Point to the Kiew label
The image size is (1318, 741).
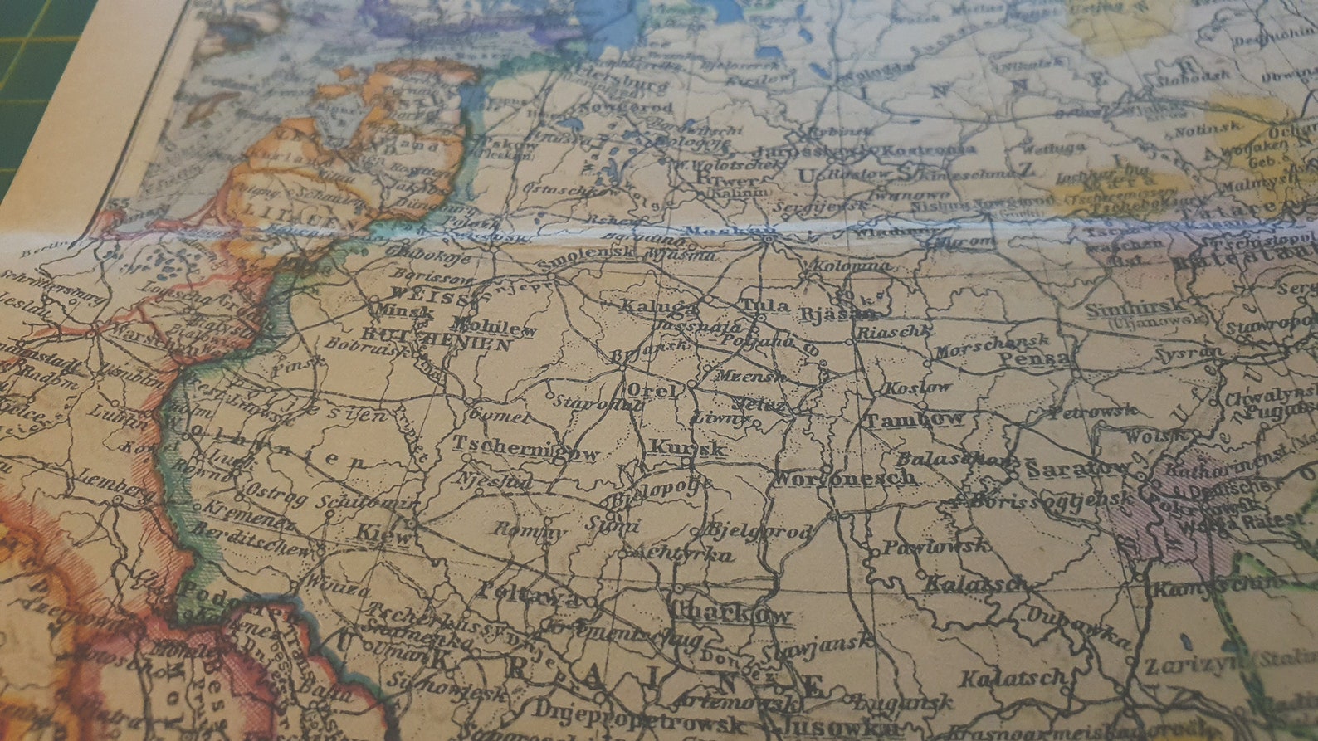(x=383, y=535)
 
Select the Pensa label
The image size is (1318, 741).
(x=1034, y=359)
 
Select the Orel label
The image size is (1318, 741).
(x=652, y=390)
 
